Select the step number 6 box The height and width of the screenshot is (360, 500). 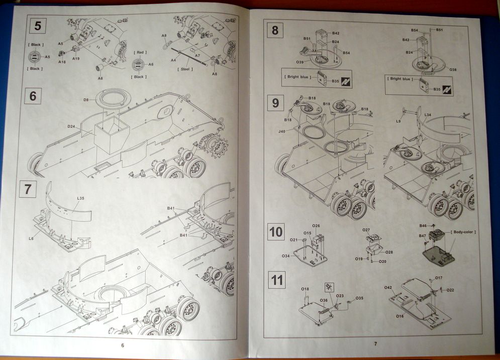click(33, 95)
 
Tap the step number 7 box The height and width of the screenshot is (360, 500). click(28, 190)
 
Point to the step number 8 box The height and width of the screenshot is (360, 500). click(275, 30)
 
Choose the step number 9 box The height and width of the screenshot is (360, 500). click(275, 103)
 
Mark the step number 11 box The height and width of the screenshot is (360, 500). click(277, 280)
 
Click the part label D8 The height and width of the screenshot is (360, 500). click(86, 100)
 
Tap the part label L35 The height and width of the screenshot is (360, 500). click(80, 198)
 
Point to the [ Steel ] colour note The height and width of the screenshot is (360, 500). click(186, 69)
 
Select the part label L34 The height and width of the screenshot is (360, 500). click(427, 115)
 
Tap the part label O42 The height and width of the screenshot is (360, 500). click(388, 288)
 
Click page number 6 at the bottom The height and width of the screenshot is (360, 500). click(123, 345)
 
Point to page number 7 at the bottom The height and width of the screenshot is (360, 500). click(374, 344)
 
